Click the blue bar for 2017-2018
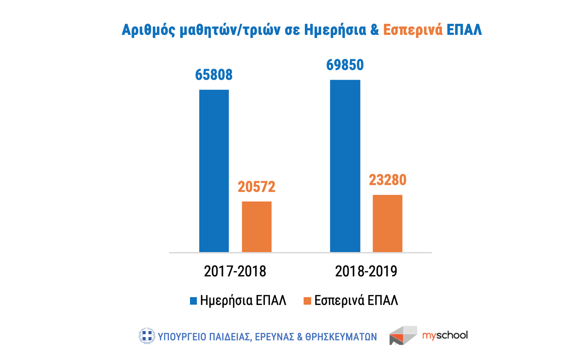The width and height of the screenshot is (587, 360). click(x=214, y=171)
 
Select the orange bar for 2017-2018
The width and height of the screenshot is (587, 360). click(x=257, y=227)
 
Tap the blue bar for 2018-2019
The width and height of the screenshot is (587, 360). click(x=345, y=166)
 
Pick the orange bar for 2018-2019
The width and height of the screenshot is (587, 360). click(x=387, y=223)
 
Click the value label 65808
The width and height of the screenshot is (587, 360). click(x=214, y=75)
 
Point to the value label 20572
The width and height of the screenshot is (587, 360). click(x=256, y=187)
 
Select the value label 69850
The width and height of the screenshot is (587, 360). click(x=345, y=65)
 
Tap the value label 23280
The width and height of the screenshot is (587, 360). click(x=387, y=180)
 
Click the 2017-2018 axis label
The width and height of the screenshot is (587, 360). click(x=235, y=271)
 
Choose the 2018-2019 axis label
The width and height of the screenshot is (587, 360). click(x=366, y=271)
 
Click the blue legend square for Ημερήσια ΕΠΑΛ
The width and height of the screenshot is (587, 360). click(x=193, y=301)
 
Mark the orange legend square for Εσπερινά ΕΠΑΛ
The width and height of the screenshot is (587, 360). click(x=307, y=301)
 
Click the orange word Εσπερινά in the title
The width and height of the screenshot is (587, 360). click(x=413, y=30)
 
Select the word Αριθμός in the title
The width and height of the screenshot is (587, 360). click(x=148, y=30)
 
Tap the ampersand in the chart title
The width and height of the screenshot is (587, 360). click(x=374, y=30)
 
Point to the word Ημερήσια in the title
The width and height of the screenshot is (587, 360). click(x=335, y=30)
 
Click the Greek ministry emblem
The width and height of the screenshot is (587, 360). click(x=147, y=336)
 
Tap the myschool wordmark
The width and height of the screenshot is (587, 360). click(x=445, y=335)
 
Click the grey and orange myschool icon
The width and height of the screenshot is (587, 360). click(x=403, y=335)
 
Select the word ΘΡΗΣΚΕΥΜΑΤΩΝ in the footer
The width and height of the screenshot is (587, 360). click(x=341, y=337)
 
